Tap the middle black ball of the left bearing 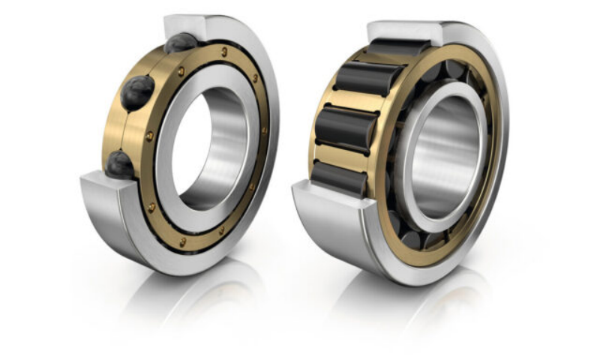(138, 93)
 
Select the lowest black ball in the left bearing (120, 163)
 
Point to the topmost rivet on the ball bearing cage (224, 51)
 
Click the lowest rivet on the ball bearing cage (183, 241)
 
